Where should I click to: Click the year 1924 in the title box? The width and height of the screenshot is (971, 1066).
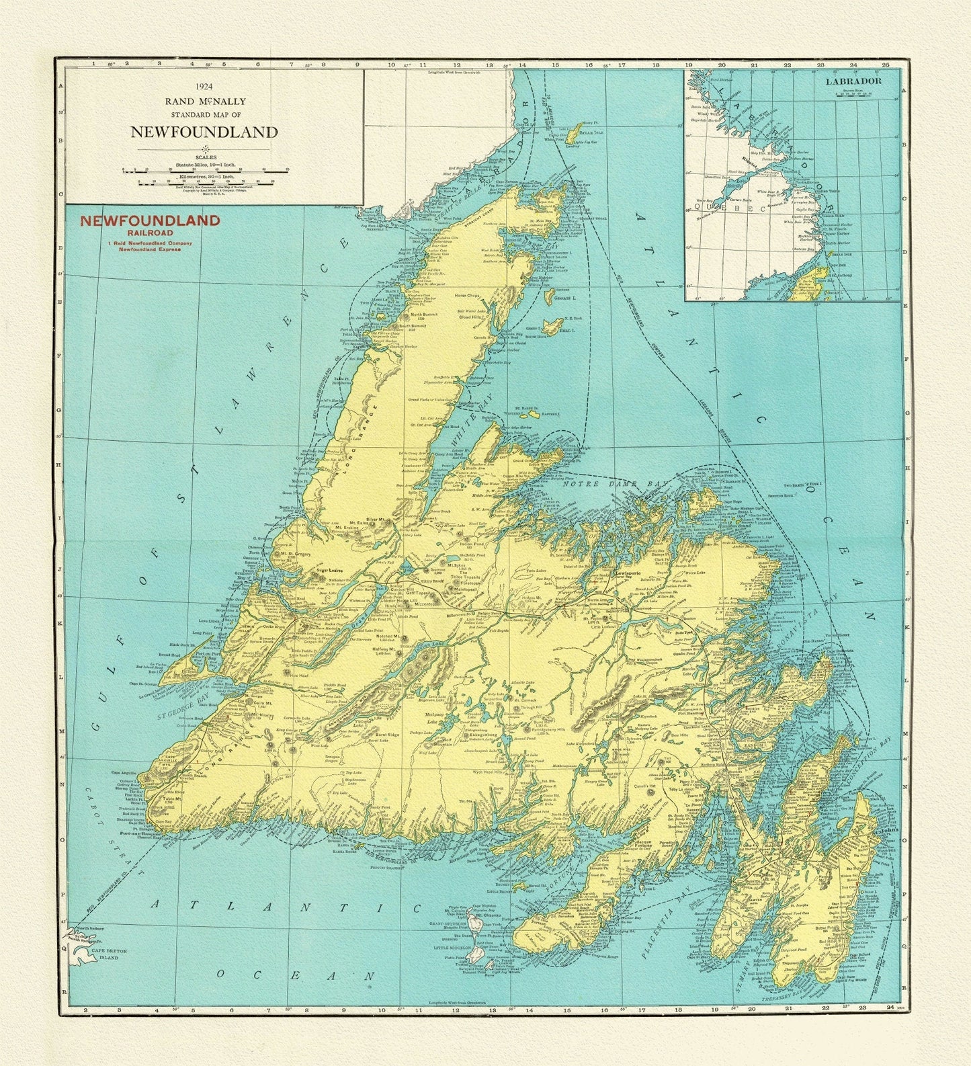point(204,87)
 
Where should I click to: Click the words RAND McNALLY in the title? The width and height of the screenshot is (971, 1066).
point(204,101)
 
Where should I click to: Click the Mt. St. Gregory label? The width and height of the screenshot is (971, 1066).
point(294,553)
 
